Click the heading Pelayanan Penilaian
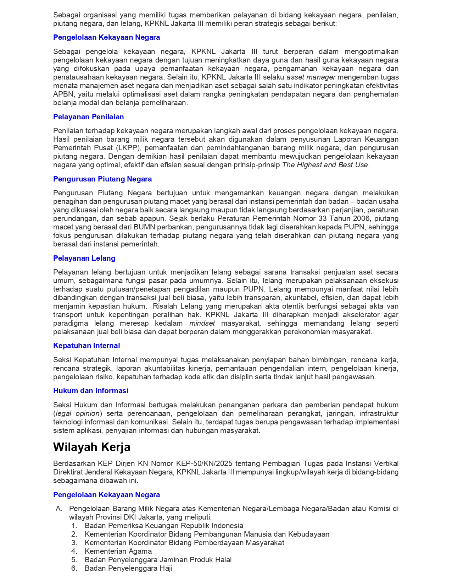[88, 117]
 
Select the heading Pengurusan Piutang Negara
[102, 179]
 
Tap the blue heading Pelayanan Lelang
[84, 258]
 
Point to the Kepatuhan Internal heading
[87, 346]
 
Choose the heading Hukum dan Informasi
[91, 391]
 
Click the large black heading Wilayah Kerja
[91, 447]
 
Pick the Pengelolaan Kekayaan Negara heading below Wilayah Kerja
[106, 495]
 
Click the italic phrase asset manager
[311, 77]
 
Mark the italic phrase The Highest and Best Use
[325, 165]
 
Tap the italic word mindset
[202, 323]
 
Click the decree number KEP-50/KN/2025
[205, 463]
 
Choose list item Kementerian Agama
[118, 551]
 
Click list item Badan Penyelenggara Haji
[128, 568]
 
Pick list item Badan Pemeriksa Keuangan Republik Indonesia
[164, 526]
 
